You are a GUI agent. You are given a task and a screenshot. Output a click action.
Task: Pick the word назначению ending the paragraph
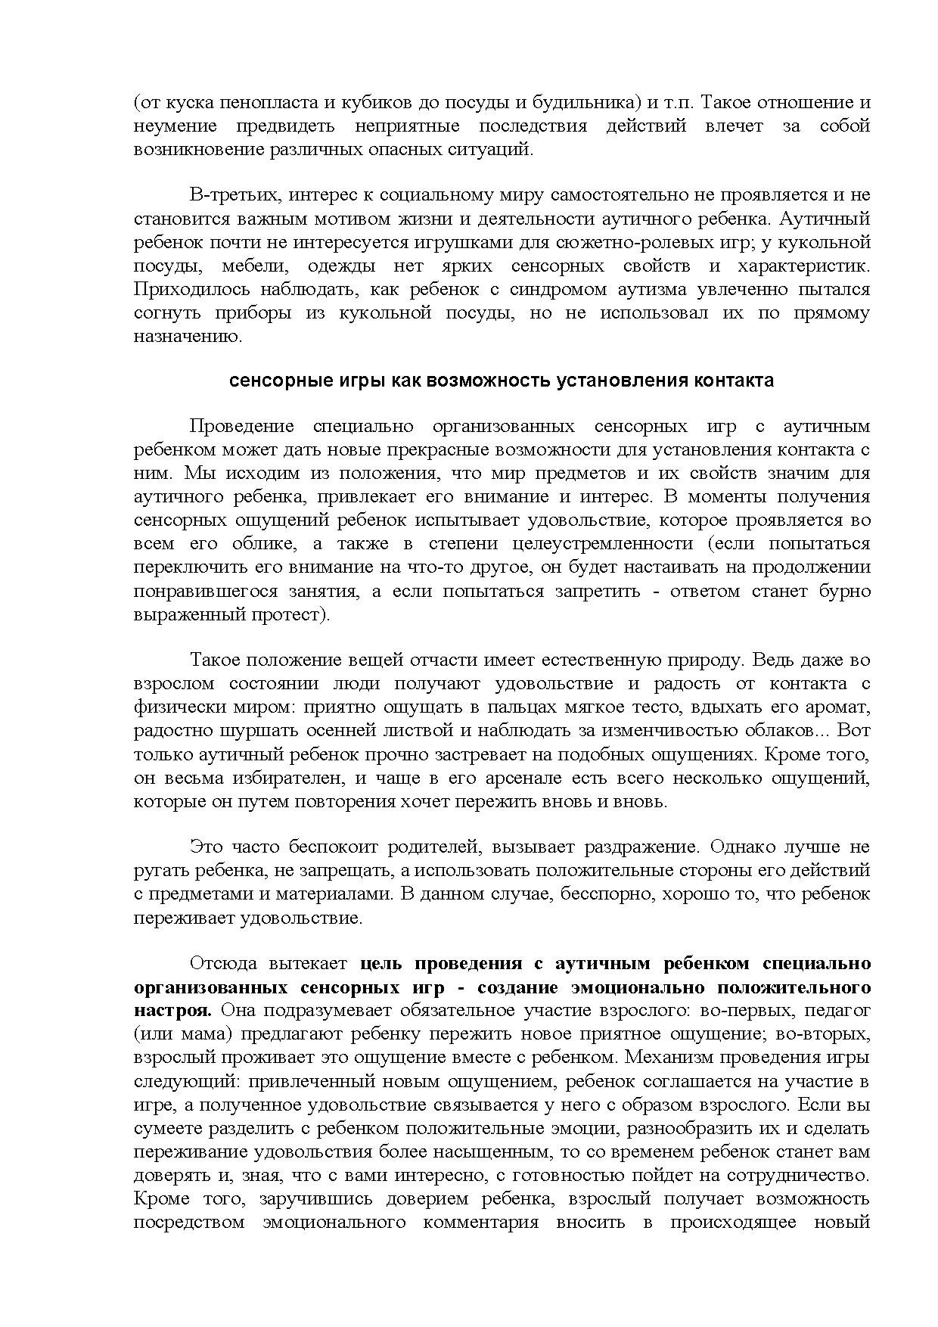click(188, 337)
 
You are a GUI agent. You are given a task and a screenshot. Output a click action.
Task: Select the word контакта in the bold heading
click(732, 381)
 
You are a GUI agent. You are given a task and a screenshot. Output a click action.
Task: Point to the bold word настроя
click(171, 1011)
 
